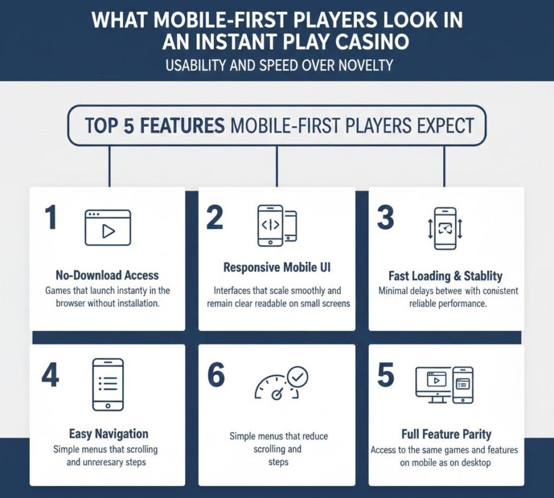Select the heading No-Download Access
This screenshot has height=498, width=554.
[x=107, y=275]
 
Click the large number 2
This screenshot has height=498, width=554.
[x=214, y=219]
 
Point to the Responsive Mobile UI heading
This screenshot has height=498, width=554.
[x=277, y=268]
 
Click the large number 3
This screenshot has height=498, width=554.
[x=385, y=219]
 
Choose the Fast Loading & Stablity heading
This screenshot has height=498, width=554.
[x=445, y=276]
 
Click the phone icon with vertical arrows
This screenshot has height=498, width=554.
[x=445, y=228]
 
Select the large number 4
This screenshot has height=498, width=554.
[x=50, y=376]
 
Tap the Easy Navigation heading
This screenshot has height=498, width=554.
[x=108, y=434]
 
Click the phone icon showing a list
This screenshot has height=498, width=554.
[x=108, y=384]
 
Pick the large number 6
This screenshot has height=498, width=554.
[x=216, y=376]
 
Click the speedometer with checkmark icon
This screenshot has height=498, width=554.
[x=281, y=383]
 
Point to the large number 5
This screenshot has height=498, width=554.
[x=386, y=376]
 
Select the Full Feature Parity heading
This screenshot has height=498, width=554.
[x=446, y=434]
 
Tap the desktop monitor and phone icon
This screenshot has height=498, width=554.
[x=444, y=384]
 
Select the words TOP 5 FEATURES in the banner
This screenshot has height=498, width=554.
[x=155, y=126]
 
